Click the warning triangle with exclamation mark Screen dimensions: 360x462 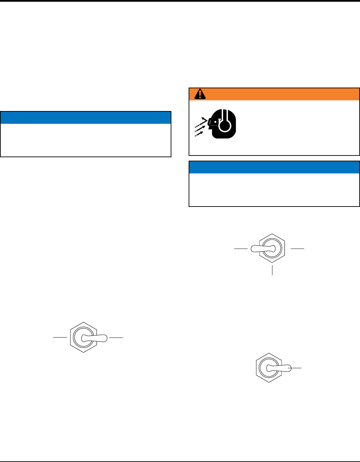pos(200,94)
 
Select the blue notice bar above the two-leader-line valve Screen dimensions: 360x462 pos(86,117)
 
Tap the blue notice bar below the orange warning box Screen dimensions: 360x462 pos(274,167)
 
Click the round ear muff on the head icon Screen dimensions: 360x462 pos(224,126)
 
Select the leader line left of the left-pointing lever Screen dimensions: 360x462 pos(241,248)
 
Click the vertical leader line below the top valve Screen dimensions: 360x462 pos(272,270)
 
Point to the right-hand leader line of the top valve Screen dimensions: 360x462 pos(298,248)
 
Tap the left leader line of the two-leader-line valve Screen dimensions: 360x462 pos(60,338)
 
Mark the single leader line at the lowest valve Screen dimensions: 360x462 pos(296,369)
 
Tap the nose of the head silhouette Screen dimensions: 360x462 pos(209,127)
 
